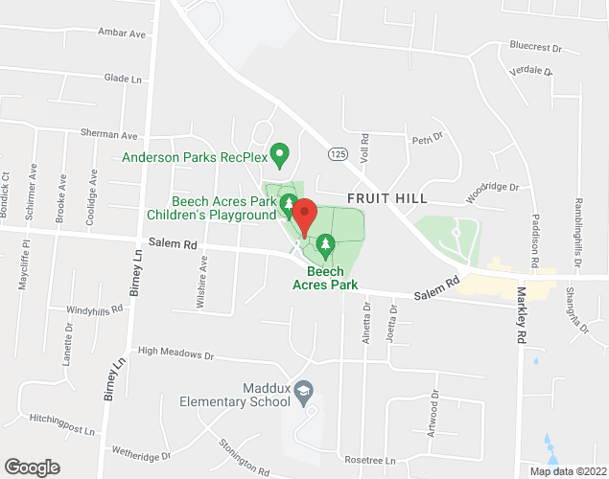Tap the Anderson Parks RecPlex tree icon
(280, 153)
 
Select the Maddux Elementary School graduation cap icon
(303, 390)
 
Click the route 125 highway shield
(336, 153)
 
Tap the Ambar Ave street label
(121, 33)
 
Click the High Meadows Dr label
(176, 354)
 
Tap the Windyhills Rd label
(95, 309)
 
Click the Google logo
(31, 468)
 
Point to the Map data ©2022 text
(570, 470)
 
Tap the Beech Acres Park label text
(326, 278)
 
